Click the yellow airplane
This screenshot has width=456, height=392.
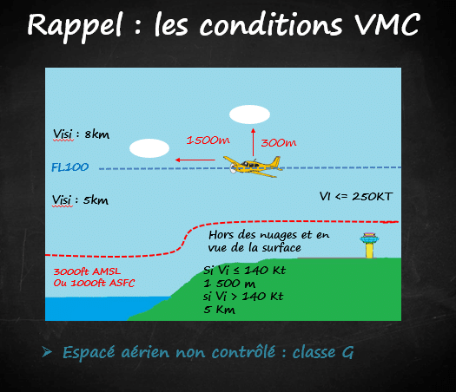(252, 167)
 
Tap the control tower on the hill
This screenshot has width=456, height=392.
(369, 245)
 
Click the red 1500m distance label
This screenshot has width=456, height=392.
(208, 140)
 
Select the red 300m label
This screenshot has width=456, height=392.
(279, 142)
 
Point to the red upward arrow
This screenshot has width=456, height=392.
(253, 142)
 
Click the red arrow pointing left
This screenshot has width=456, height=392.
(195, 160)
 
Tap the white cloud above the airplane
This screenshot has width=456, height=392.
(249, 114)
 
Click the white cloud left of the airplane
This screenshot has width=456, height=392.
(149, 148)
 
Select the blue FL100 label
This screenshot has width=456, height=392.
(69, 167)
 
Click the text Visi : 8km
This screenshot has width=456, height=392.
(81, 134)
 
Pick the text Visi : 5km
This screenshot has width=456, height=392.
(80, 200)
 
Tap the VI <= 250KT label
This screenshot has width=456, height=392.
(356, 197)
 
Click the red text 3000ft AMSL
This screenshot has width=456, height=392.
(87, 271)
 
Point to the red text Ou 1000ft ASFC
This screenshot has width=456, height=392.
(94, 283)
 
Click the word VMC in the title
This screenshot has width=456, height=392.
(387, 24)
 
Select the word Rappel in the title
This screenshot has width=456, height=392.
(74, 26)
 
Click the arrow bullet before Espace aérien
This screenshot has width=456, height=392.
(47, 351)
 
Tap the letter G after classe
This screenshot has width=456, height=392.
(347, 353)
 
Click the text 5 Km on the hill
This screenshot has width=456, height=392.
(219, 310)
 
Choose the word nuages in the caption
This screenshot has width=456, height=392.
(278, 235)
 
